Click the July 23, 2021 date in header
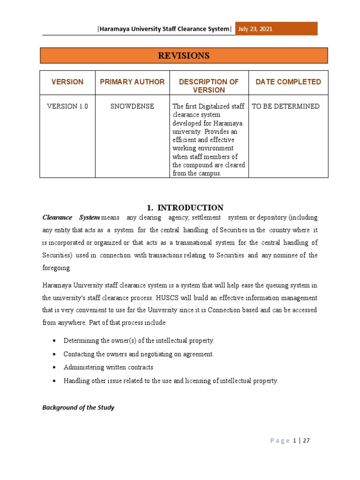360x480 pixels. tap(256, 29)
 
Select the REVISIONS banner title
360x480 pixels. tap(183, 56)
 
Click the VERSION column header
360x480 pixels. tap(67, 82)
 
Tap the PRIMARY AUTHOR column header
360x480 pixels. tap(132, 82)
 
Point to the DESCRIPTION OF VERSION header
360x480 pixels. tap(209, 86)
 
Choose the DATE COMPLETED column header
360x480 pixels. tap(288, 82)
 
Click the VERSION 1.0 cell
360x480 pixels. tap(67, 106)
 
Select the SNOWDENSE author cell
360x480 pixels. tap(132, 106)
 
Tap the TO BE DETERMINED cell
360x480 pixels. tap(285, 106)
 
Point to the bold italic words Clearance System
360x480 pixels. tap(71, 217)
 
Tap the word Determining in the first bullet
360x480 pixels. tap(81, 340)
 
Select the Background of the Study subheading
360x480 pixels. tap(78, 408)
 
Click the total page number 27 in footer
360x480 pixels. tap(307, 441)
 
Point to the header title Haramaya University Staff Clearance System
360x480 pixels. tap(165, 29)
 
